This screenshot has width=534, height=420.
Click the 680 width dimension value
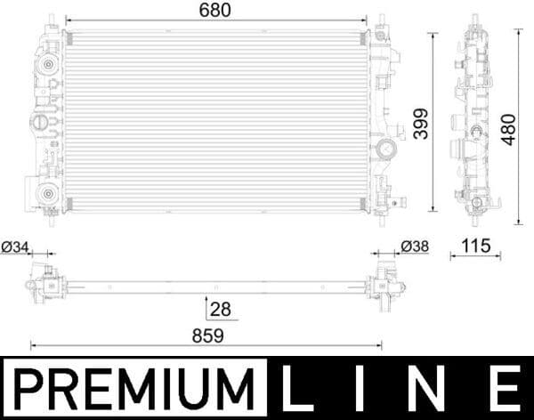coord(214,11)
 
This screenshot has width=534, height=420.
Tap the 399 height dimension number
coord(418,124)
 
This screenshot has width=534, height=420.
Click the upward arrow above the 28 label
coord(206,299)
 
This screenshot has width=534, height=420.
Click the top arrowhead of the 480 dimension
coord(519,33)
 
